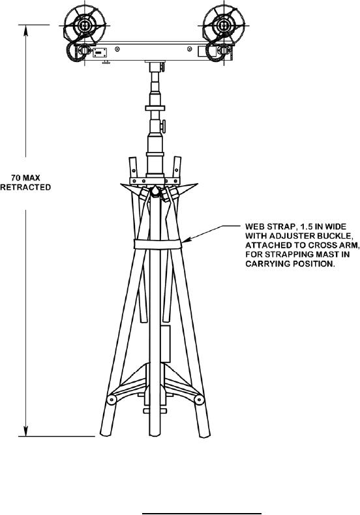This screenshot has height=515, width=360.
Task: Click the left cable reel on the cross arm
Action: (85, 25)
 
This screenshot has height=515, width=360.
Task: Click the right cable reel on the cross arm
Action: (224, 25)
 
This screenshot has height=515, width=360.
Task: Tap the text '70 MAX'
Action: (25, 178)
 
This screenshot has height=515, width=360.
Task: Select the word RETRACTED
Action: (25, 187)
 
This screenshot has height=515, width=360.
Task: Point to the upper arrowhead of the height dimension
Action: (25, 29)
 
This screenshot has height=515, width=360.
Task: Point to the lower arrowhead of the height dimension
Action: (25, 432)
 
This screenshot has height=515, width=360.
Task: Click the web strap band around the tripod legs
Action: (158, 244)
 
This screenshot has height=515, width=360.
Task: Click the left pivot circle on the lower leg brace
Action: (112, 400)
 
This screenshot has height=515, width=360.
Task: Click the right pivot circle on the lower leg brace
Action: (199, 400)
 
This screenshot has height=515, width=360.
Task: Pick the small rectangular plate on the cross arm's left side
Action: (100, 52)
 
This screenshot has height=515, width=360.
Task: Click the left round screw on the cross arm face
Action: (117, 49)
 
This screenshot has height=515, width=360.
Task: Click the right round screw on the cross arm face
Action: (189, 49)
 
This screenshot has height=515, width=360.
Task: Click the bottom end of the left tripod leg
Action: (105, 433)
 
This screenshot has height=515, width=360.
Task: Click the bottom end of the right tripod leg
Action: (204, 434)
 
